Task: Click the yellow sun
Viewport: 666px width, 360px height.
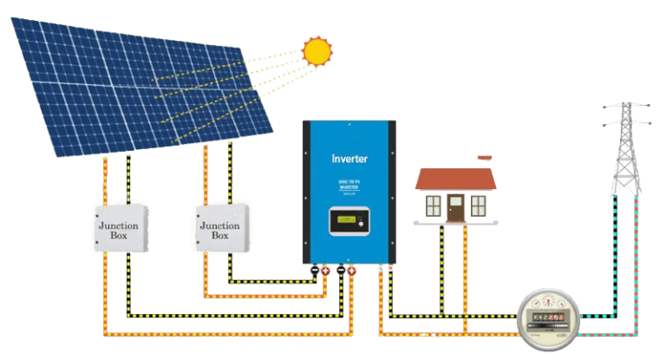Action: click(317, 52)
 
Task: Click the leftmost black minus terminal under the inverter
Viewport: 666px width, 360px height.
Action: click(314, 271)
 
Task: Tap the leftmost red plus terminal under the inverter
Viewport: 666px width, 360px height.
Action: click(325, 271)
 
